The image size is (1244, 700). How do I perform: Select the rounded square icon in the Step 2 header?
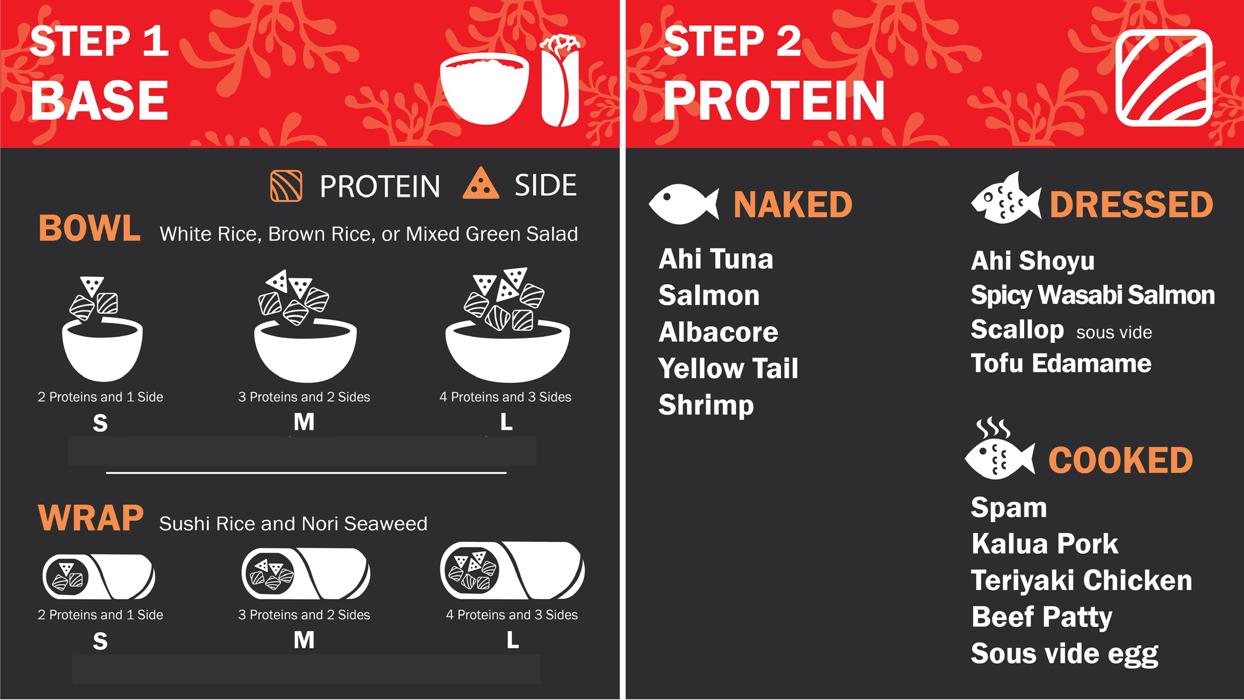click(1164, 78)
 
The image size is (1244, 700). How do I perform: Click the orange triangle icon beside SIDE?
click(480, 183)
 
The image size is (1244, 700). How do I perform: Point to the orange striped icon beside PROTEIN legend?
click(286, 186)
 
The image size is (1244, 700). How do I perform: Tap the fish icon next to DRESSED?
click(1006, 198)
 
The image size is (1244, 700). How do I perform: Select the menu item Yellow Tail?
click(728, 368)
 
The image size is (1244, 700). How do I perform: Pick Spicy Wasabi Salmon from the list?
click(1093, 296)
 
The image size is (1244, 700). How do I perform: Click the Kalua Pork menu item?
click(1044, 544)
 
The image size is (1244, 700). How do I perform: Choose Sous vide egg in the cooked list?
click(1065, 654)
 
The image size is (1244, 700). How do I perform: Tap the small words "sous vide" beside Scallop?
click(1114, 333)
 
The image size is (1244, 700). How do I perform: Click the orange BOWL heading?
click(89, 228)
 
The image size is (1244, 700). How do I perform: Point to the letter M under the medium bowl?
click(304, 422)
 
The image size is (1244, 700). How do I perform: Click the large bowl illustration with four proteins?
click(508, 325)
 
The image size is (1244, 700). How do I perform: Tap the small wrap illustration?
click(98, 577)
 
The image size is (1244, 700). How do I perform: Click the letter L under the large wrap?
click(513, 641)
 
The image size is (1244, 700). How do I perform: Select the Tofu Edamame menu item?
click(1061, 363)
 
